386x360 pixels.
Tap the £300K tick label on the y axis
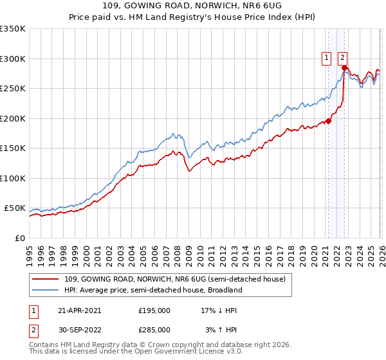click(12, 59)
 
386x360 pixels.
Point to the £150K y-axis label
click(12, 148)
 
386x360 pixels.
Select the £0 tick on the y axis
click(19, 239)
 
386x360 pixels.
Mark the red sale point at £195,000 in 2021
click(328, 121)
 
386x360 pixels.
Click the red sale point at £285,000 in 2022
click(345, 67)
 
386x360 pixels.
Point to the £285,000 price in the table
click(154, 330)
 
